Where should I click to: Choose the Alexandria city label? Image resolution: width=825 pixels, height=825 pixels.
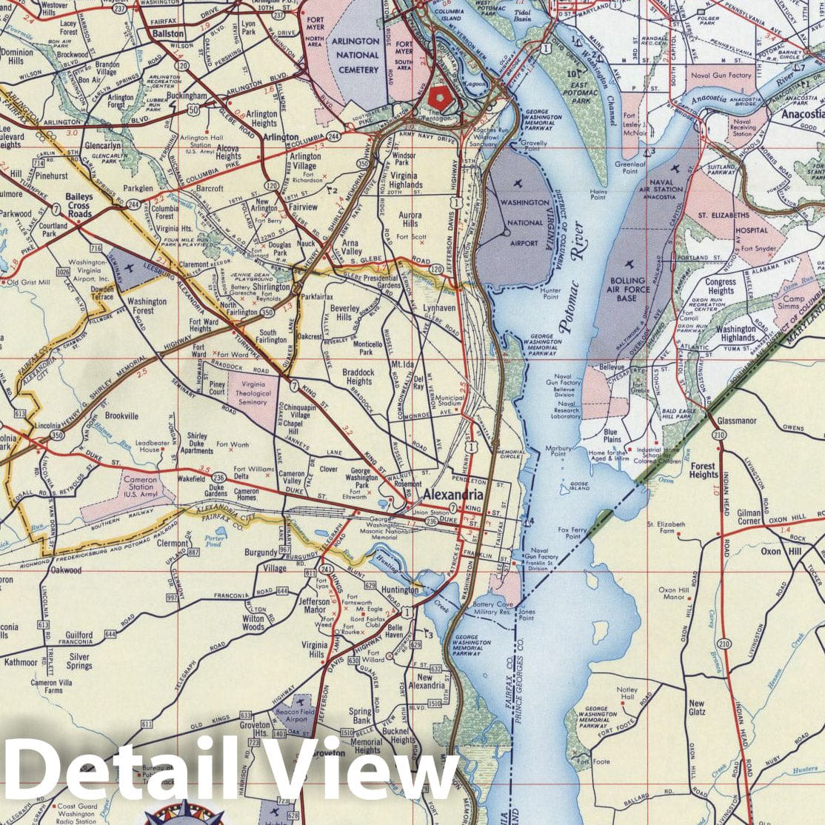point(452,495)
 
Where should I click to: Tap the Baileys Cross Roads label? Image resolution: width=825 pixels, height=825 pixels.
point(78,205)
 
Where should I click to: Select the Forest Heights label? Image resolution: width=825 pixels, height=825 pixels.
point(703,471)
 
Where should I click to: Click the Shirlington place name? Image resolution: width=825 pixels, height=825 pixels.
point(270,287)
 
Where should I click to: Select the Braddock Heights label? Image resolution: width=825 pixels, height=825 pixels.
point(358,377)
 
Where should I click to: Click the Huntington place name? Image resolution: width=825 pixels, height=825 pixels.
point(398,591)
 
